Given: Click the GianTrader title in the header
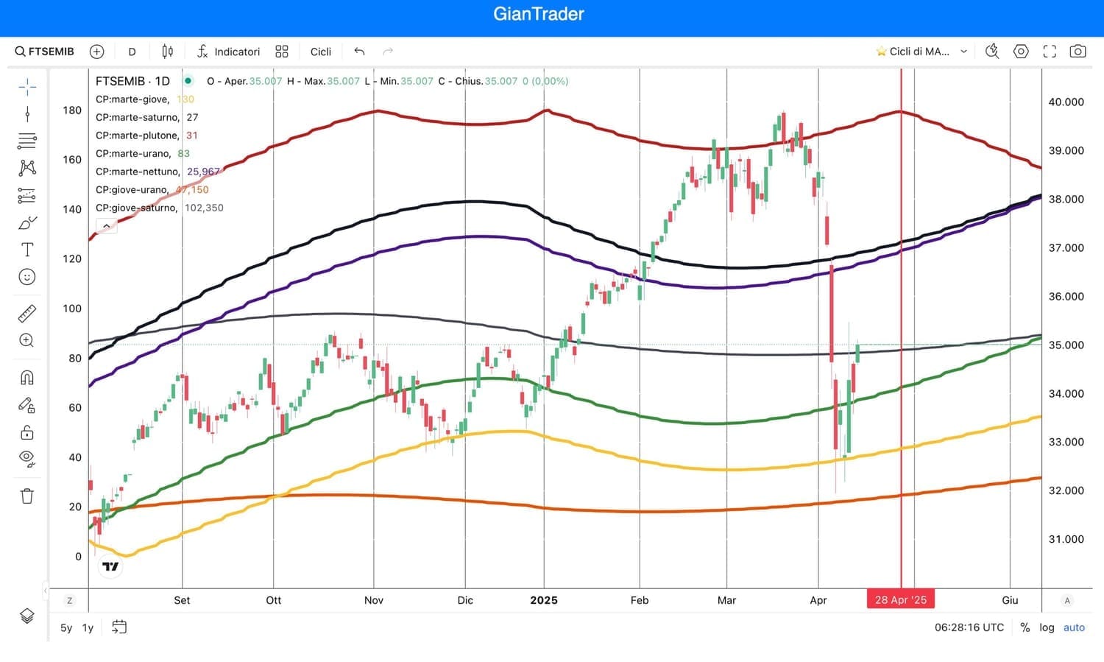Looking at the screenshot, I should (539, 14).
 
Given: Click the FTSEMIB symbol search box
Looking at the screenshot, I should (45, 52).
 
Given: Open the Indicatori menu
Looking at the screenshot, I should (229, 52).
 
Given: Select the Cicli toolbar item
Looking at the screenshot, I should (320, 52).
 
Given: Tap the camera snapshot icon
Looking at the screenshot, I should (1078, 52).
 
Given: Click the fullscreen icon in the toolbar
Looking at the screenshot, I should (1050, 52).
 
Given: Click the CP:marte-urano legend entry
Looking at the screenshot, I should (133, 153).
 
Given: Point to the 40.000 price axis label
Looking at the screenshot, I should (1066, 102).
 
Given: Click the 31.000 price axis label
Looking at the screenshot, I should (1066, 539).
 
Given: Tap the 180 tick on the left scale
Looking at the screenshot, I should (72, 110).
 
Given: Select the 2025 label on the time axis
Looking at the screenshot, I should (544, 600).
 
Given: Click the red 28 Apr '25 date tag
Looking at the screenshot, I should (901, 600).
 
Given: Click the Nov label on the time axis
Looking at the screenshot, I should (374, 600).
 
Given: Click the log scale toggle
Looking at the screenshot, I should (1047, 627).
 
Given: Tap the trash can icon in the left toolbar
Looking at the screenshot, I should (27, 496).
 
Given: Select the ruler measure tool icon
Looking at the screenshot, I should (27, 314).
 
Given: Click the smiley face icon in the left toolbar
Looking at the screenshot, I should (27, 277).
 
